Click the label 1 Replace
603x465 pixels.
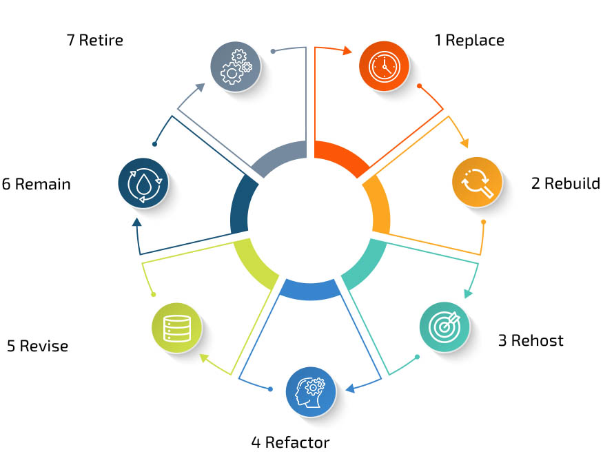469,40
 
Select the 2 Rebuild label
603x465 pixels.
565,183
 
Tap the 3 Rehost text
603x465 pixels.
531,340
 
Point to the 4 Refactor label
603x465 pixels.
290,442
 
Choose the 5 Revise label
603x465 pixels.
38,346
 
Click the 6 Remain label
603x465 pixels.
37,184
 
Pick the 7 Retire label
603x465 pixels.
95,39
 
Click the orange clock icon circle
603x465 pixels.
384,66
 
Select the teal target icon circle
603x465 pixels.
444,328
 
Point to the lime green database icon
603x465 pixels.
176,328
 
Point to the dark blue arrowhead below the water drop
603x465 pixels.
137,222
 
